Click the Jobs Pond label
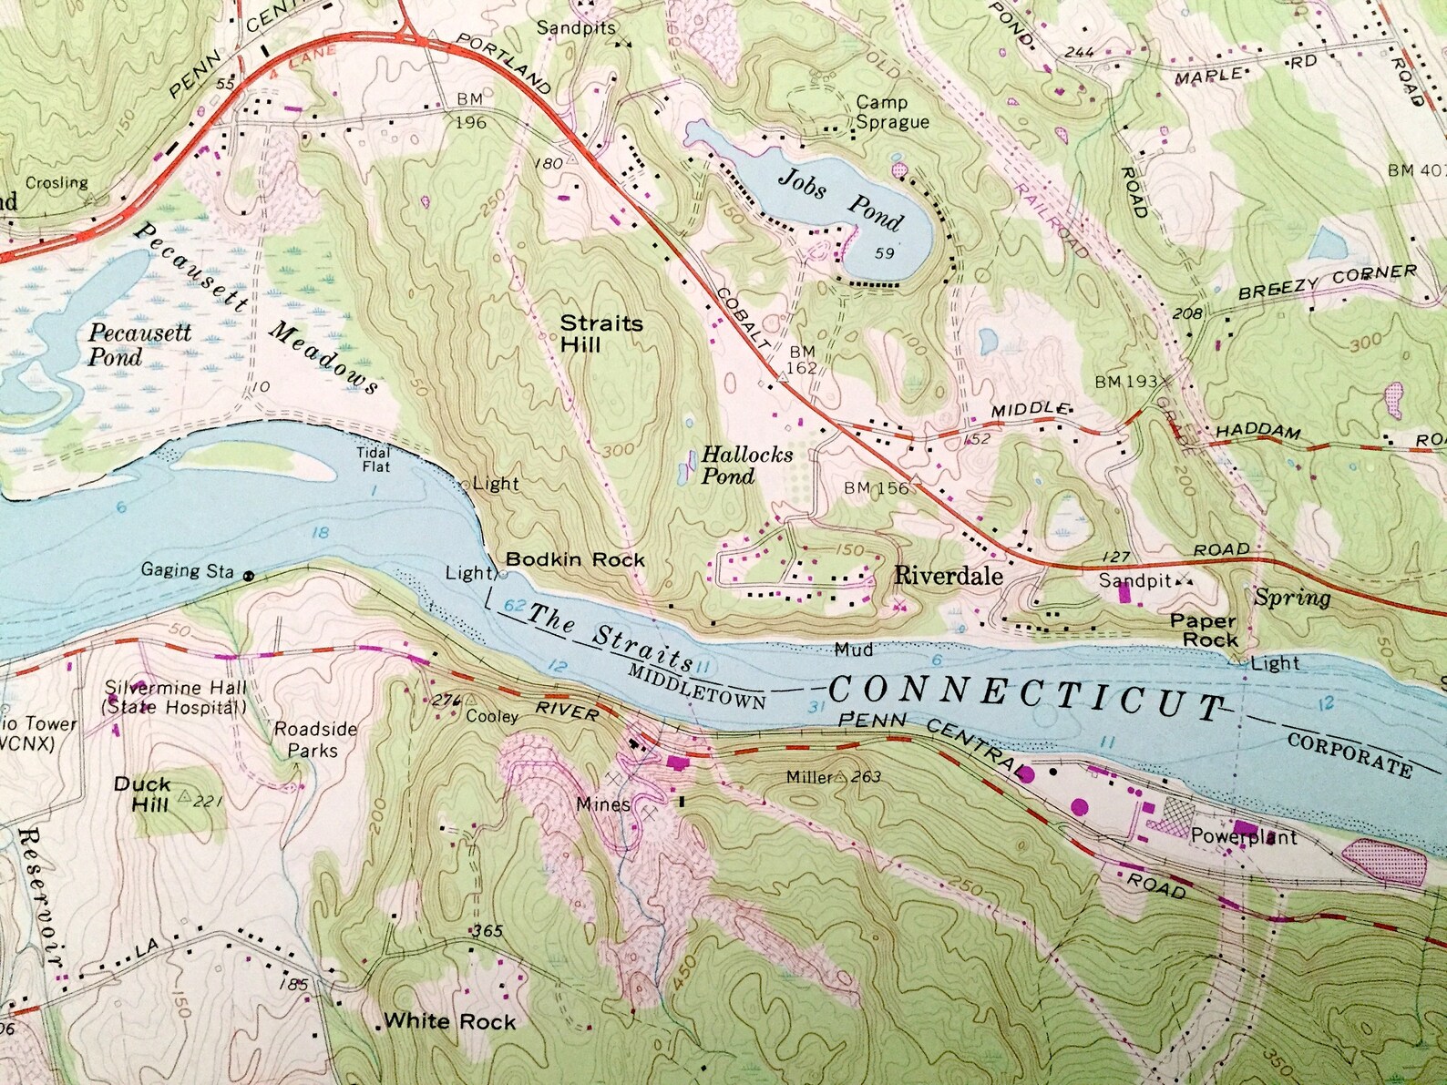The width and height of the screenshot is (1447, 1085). click(839, 200)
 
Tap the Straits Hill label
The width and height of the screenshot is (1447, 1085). click(600, 333)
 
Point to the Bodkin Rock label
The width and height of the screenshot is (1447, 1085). click(574, 559)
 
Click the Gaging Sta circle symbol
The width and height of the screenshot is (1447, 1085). click(247, 575)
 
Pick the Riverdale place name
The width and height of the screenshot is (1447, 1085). click(948, 575)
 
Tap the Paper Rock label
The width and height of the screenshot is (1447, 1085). click(1203, 630)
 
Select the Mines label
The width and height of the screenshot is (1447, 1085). click(602, 804)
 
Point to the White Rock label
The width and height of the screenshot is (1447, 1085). click(449, 1021)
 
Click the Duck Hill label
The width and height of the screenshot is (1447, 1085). click(142, 793)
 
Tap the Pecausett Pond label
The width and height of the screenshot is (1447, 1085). click(139, 343)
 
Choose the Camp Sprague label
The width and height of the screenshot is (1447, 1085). click(892, 113)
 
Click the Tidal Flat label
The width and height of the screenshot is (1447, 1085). click(375, 459)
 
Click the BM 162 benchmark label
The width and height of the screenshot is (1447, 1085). click(803, 359)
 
